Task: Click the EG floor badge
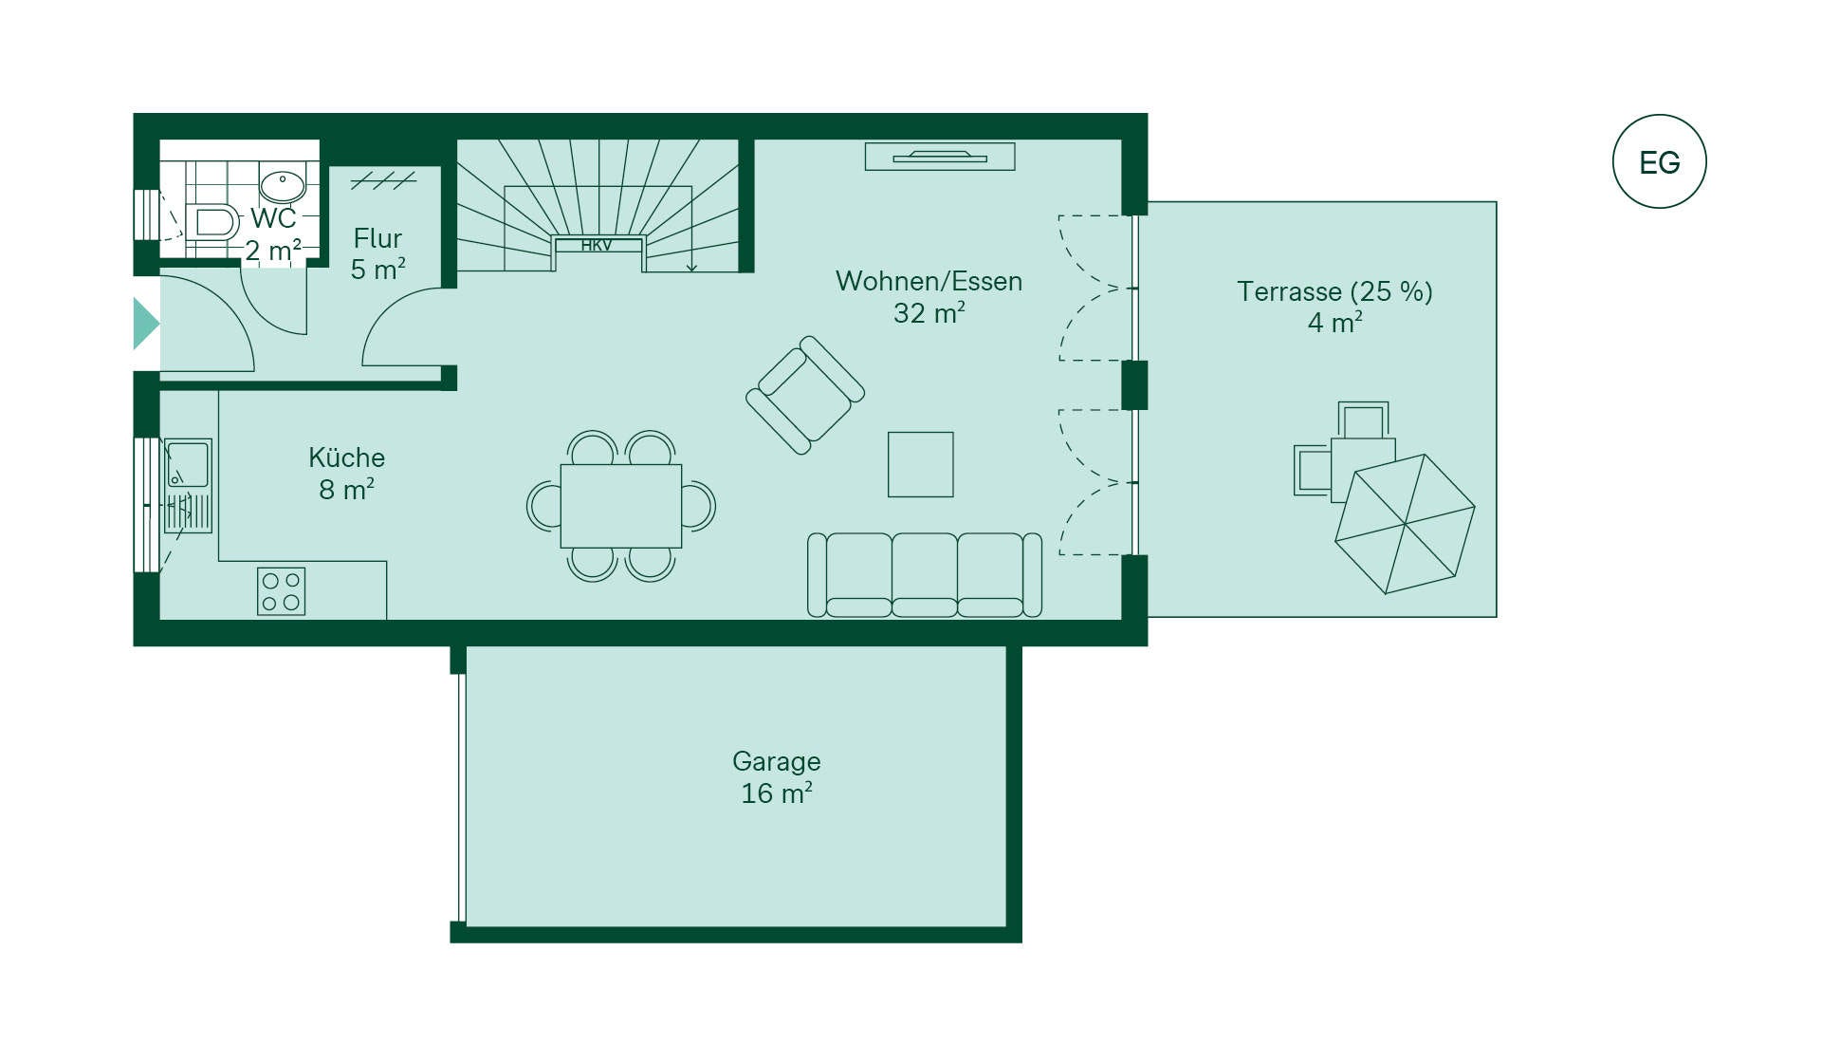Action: coord(1659,161)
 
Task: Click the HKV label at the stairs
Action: coord(597,246)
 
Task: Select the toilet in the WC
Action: coord(213,223)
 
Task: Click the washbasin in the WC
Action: coord(282,184)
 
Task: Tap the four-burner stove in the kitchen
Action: coord(282,591)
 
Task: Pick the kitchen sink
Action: coord(188,465)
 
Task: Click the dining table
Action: coord(620,506)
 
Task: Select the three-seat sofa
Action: coord(925,575)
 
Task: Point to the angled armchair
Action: coord(805,395)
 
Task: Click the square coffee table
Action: coord(920,464)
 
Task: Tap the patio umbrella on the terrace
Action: coord(1405,524)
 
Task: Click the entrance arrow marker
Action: coord(144,324)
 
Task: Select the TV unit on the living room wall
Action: coord(939,157)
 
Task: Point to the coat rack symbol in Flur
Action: coord(383,179)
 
